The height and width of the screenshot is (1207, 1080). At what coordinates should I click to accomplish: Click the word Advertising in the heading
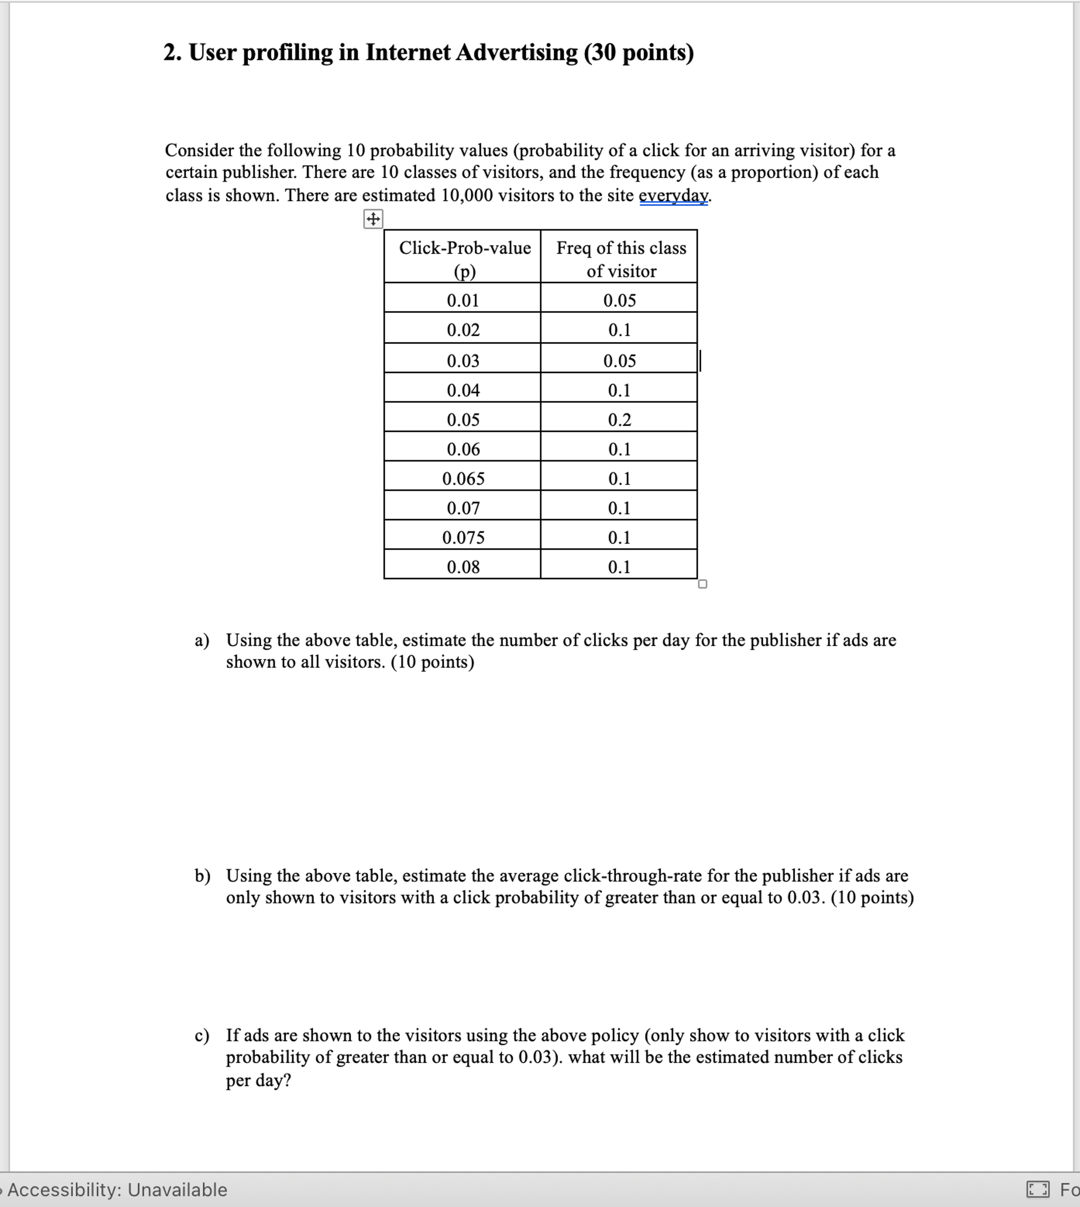(x=516, y=53)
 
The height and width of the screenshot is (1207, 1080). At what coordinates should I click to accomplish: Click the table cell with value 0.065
(x=463, y=478)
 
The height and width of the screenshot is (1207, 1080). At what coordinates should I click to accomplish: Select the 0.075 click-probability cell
(x=463, y=537)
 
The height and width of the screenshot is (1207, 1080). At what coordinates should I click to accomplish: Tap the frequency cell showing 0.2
(x=619, y=420)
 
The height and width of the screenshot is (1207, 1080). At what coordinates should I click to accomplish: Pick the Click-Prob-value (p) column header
(x=464, y=259)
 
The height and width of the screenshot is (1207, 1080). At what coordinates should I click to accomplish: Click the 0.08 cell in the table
(x=463, y=567)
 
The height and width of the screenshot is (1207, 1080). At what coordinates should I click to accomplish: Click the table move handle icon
(x=373, y=219)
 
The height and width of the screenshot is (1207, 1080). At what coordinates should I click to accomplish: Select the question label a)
(x=202, y=640)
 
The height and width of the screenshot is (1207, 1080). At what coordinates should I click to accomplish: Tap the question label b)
(x=202, y=876)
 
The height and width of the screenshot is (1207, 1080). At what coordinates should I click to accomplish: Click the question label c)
(x=202, y=1035)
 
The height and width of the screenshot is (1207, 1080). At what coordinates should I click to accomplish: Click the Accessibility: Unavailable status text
(x=117, y=1190)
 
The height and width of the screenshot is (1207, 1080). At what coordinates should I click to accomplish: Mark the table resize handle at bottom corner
(x=703, y=584)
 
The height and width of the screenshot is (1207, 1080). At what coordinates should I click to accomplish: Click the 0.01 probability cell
(x=463, y=300)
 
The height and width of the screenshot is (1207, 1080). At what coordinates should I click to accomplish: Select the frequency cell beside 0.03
(x=619, y=361)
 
